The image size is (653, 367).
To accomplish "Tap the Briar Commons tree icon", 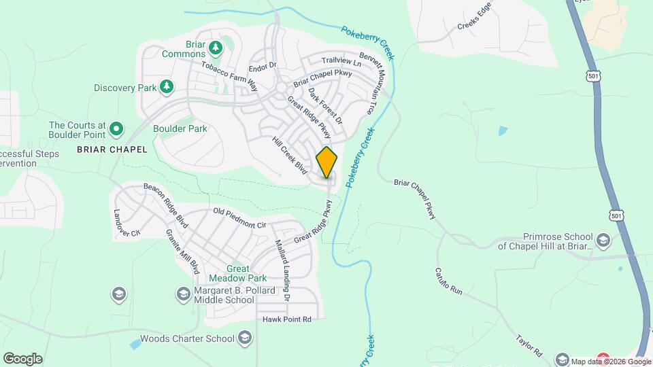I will point(216,48).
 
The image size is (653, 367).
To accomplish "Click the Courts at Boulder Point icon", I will point(116,128).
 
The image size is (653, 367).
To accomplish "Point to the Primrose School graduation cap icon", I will point(603,241).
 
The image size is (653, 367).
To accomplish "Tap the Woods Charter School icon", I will point(245,338).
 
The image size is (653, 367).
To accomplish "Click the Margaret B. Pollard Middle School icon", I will point(183,294).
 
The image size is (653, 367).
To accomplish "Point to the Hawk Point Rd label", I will point(286,319).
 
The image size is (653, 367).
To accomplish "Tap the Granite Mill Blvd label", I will point(182,251).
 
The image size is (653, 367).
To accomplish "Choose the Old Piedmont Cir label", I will point(239,217).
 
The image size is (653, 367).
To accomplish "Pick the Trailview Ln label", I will point(341,62).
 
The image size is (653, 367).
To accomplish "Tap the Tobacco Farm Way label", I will point(229,75).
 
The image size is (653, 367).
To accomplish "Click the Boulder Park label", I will point(180,128).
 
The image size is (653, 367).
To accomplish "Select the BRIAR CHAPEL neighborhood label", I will point(112,150).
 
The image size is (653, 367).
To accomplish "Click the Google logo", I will point(22,358).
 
